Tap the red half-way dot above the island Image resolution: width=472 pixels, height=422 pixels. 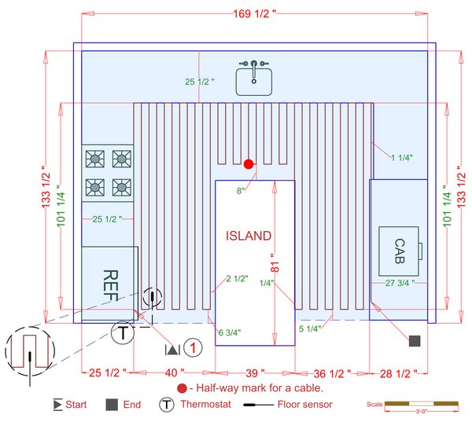tap(249, 164)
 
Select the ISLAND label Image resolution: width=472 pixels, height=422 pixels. tap(249, 236)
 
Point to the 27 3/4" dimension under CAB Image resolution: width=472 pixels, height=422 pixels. tap(399, 282)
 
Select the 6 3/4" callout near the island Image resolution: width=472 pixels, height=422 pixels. tap(230, 332)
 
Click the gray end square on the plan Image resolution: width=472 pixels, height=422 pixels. tap(415, 340)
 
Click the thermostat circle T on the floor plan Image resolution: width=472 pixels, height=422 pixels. tap(123, 333)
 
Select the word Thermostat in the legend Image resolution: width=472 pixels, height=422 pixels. tap(206, 405)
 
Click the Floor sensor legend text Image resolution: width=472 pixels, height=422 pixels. tap(305, 405)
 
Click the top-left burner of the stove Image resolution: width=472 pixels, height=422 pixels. tap(94, 158)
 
